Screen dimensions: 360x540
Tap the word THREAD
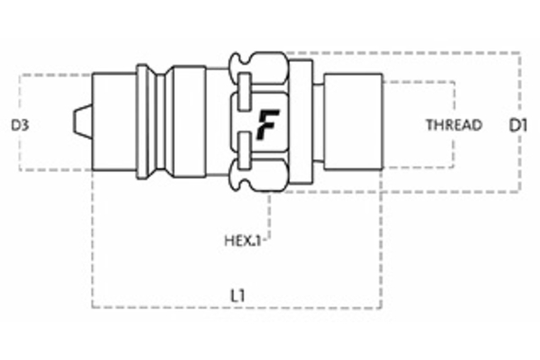pyautogui.click(x=454, y=125)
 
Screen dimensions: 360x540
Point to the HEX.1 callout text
pyautogui.click(x=242, y=241)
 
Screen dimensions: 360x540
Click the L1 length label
pyautogui.click(x=238, y=293)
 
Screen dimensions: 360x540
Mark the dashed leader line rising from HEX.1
pyautogui.click(x=270, y=216)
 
